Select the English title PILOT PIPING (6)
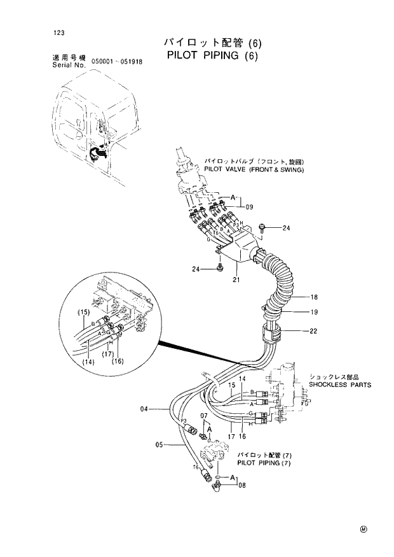click(214, 55)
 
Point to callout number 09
click(249, 206)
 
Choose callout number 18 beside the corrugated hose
click(313, 297)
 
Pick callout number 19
click(313, 313)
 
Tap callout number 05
click(160, 444)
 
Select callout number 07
click(205, 416)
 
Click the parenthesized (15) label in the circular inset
click(83, 312)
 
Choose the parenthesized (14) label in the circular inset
click(88, 362)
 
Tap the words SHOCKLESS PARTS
click(340, 384)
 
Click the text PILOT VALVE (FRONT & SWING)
click(254, 170)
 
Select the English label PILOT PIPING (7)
click(264, 463)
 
